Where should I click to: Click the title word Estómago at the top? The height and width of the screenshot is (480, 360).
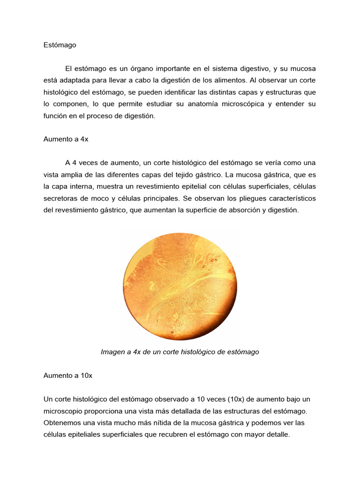pyautogui.click(x=59, y=45)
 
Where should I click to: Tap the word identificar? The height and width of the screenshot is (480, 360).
pyautogui.click(x=217, y=92)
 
